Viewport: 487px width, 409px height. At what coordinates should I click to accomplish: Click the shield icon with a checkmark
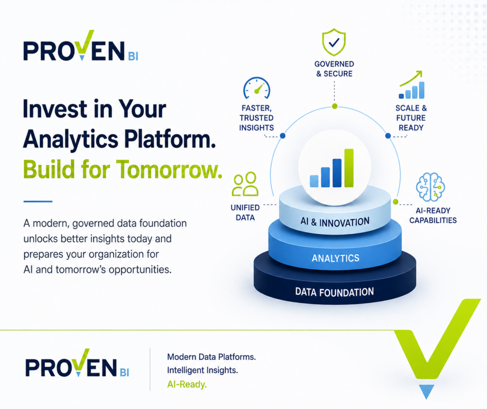pos(334,42)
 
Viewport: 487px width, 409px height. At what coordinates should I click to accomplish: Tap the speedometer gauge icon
pos(256,88)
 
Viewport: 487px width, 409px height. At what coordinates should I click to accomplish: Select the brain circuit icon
pos(430,187)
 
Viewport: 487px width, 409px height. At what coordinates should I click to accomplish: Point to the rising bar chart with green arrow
pos(411,85)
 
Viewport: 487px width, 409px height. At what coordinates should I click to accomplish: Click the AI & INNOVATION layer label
pos(335,222)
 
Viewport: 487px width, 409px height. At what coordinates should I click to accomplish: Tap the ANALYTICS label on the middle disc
pos(335,258)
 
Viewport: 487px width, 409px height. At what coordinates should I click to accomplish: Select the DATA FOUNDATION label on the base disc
pos(334,292)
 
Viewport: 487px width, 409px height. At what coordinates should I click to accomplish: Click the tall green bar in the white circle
pos(349,168)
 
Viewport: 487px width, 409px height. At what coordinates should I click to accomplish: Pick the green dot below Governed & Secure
pos(334,106)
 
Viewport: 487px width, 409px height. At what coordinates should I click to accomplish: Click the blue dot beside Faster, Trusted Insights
pos(282,136)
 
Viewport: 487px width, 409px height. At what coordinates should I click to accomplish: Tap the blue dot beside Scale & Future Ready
pos(388,136)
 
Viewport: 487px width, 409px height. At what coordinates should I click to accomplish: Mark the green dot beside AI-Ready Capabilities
pos(395,202)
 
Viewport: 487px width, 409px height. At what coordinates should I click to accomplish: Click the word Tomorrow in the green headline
pos(170,169)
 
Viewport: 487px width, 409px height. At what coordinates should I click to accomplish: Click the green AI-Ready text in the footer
pos(187,384)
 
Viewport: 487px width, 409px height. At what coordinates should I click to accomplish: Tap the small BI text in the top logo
pos(133,57)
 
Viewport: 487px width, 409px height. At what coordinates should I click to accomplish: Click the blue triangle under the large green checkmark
pos(427,391)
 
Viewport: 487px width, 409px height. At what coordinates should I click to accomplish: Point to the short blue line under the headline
pos(38,201)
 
